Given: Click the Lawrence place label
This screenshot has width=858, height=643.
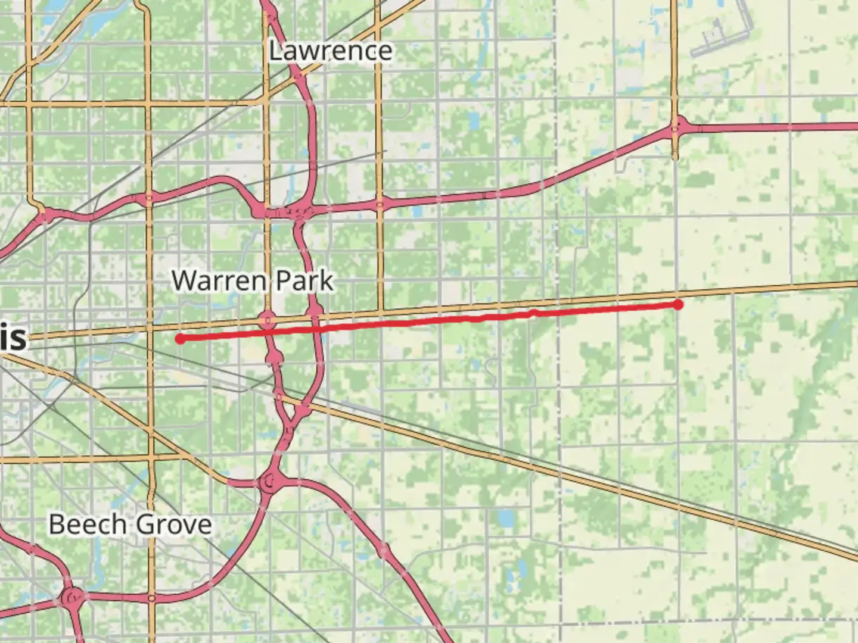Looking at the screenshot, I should coord(330,51).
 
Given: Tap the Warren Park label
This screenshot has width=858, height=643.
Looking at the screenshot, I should coord(252,280).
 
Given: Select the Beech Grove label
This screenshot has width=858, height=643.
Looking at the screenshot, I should coord(130,525).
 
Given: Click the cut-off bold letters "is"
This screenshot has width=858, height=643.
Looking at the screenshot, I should coord(13,338).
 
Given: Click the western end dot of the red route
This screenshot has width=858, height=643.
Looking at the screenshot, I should coord(179,339).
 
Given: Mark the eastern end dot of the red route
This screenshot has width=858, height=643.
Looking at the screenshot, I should coord(678,305).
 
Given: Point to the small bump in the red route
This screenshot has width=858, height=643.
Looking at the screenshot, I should coord(533,312).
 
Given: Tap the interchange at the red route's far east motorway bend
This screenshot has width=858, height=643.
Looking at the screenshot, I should coord(678,127).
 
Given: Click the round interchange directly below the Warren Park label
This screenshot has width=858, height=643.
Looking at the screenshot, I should coord(268,321).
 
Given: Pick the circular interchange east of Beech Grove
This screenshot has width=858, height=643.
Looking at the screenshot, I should coord(270,482).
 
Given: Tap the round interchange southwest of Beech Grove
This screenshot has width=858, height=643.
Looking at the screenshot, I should coord(73,596).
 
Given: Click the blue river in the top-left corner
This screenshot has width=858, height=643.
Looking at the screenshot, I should coord(89,27).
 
